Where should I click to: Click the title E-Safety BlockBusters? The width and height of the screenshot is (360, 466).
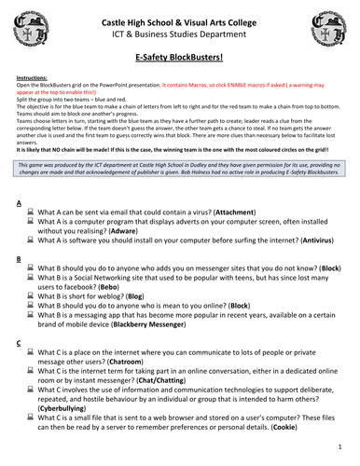(179, 57)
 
